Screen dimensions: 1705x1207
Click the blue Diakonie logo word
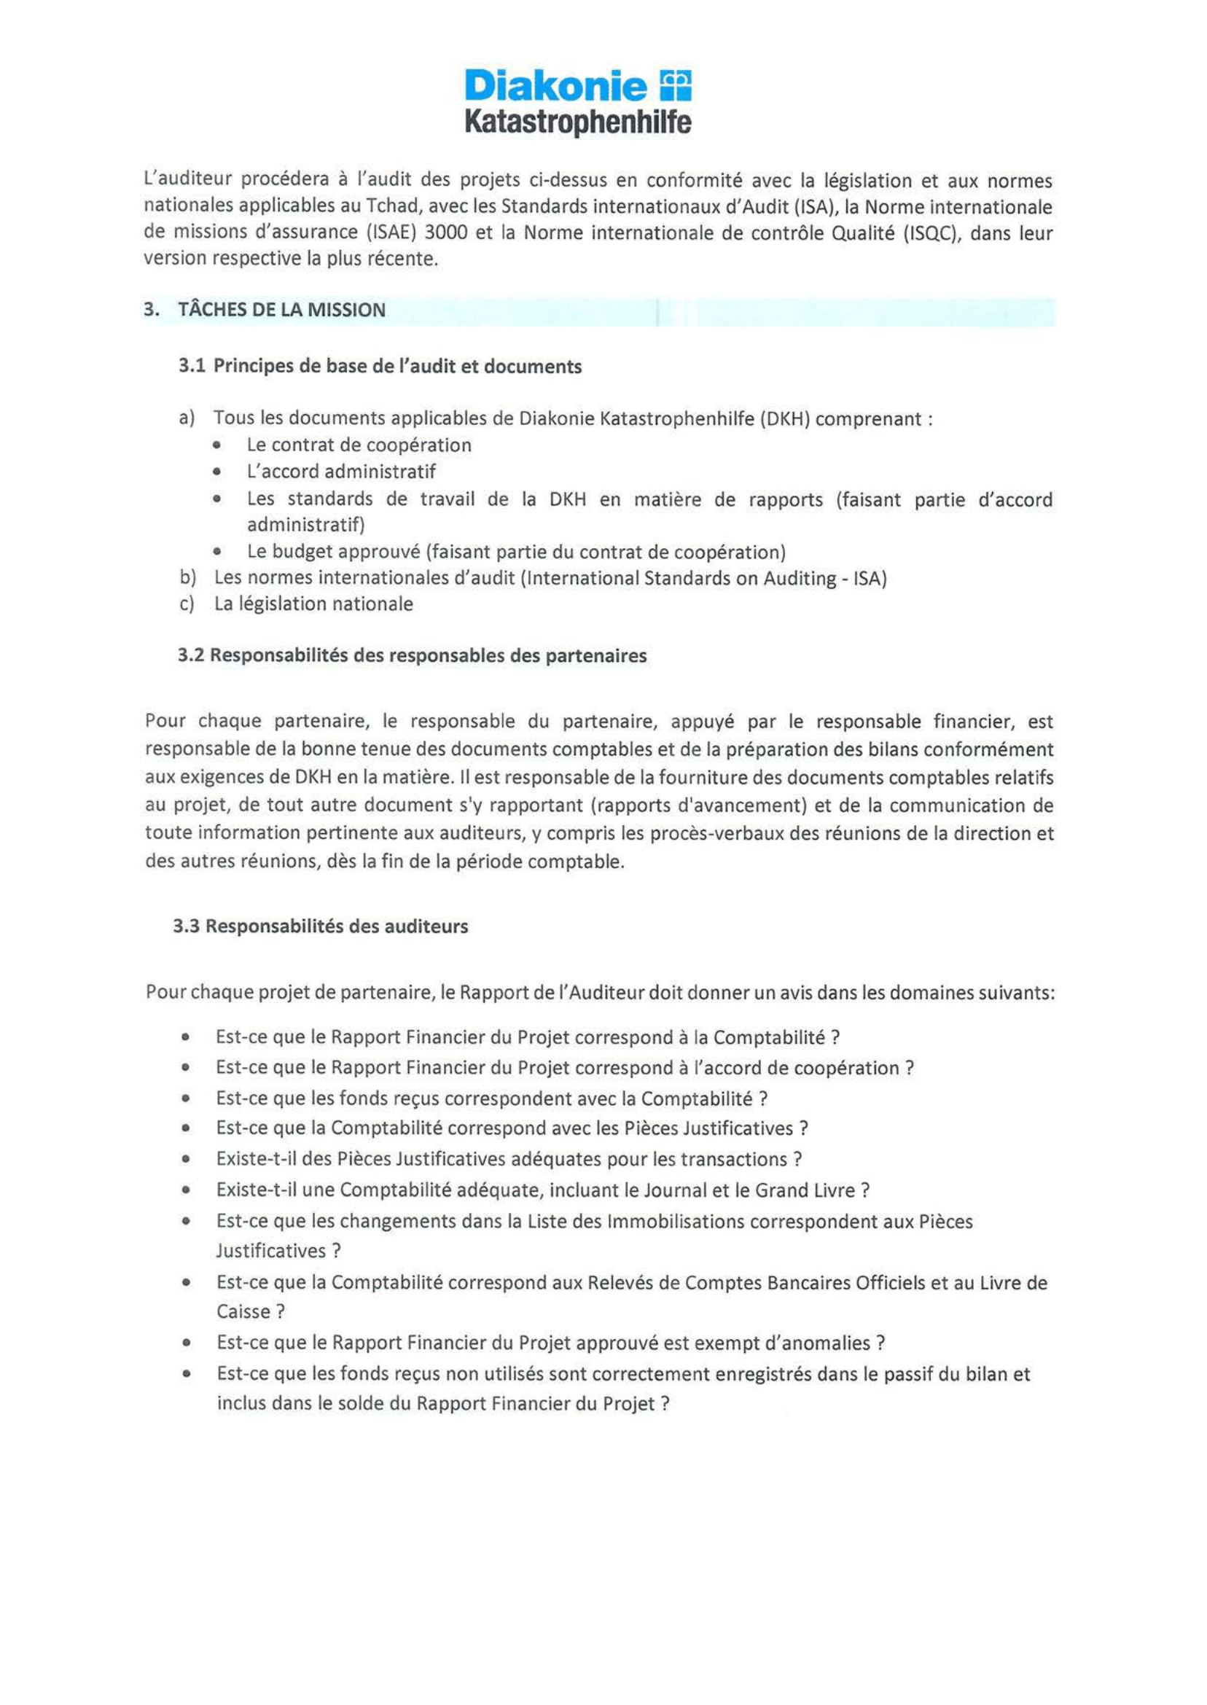click(x=556, y=87)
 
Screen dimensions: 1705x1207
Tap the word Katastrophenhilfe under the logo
click(x=577, y=122)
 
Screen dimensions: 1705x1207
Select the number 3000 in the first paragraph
click(x=446, y=233)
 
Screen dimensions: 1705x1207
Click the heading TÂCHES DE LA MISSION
click(x=281, y=310)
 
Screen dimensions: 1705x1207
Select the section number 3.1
click(x=192, y=367)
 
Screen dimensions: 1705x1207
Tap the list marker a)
click(x=187, y=418)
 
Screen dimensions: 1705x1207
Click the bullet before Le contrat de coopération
click(x=216, y=445)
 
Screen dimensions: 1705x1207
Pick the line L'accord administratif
click(x=341, y=471)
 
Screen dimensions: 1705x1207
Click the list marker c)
click(x=187, y=604)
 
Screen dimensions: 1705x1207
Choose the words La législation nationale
click(x=313, y=604)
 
